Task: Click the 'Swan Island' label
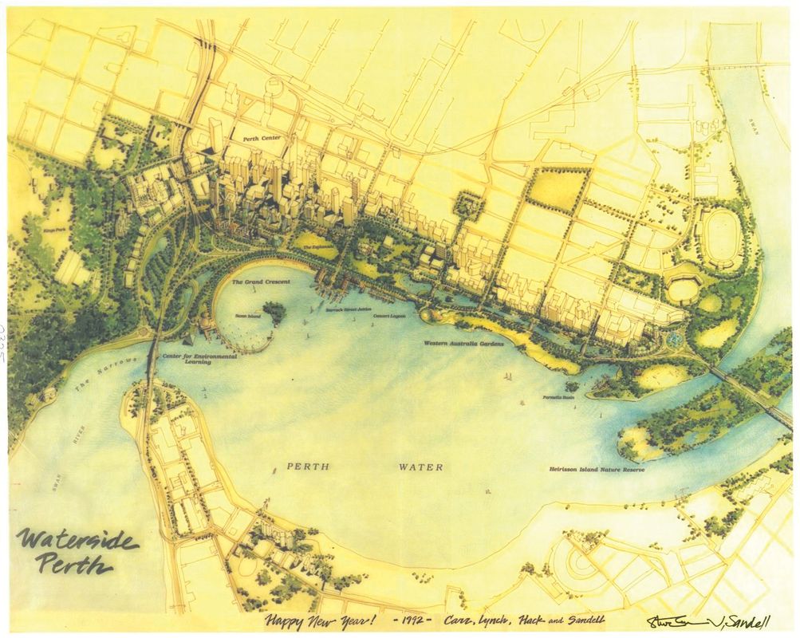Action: coord(247,316)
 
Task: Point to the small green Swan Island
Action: coord(274,312)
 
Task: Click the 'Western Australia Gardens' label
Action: coord(463,343)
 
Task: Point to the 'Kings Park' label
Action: coord(58,230)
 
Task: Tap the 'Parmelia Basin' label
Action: coord(559,396)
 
